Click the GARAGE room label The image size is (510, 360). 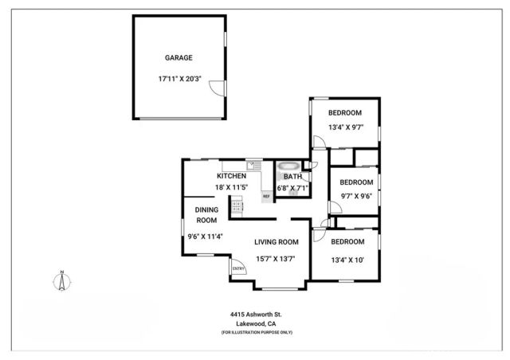pyautogui.click(x=178, y=58)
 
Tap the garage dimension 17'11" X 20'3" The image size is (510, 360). pyautogui.click(x=178, y=79)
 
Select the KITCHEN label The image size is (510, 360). pyautogui.click(x=231, y=176)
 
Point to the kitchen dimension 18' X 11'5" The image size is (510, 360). pyautogui.click(x=231, y=188)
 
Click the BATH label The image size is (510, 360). pyautogui.click(x=292, y=176)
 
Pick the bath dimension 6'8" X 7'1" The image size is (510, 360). pyautogui.click(x=292, y=188)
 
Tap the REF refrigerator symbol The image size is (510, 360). pyautogui.click(x=266, y=195)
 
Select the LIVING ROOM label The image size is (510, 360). pyautogui.click(x=277, y=242)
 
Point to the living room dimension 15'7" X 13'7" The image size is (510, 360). pyautogui.click(x=277, y=258)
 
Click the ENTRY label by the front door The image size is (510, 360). pyautogui.click(x=238, y=268)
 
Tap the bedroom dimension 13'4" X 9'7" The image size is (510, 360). pyautogui.click(x=346, y=126)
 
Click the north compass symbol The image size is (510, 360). pyautogui.click(x=62, y=281)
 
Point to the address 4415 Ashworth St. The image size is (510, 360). pyautogui.click(x=257, y=315)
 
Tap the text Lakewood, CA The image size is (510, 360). pyautogui.click(x=257, y=324)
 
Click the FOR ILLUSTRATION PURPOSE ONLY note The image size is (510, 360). pyautogui.click(x=257, y=332)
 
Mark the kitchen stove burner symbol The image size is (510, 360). pyautogui.click(x=237, y=207)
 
